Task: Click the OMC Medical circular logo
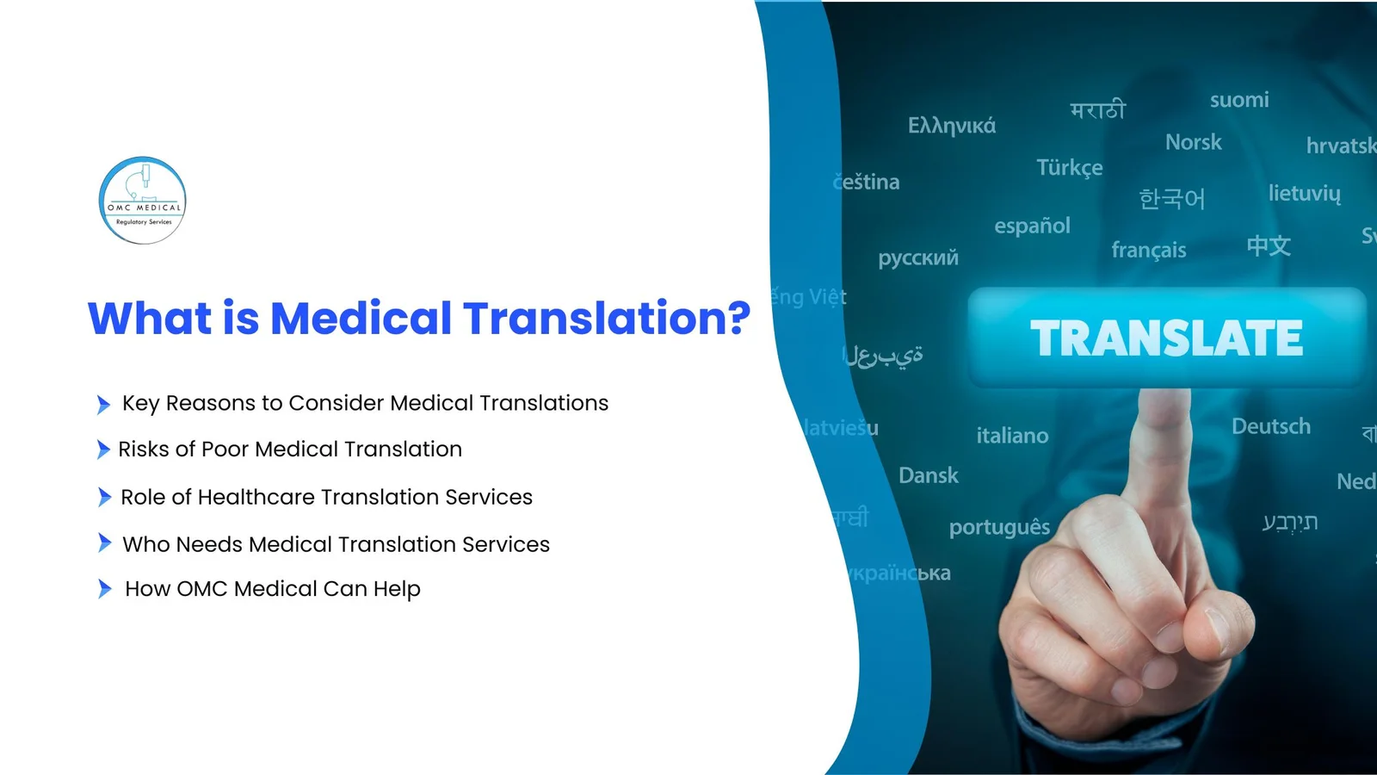tap(143, 201)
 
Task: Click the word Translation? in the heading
tap(607, 319)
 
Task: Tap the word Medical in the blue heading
tap(361, 319)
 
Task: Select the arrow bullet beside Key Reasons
tap(103, 404)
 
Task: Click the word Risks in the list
tap(142, 449)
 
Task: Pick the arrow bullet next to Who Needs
tap(104, 543)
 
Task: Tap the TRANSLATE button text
tap(1166, 338)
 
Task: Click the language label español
tap(1032, 226)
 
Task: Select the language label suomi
tap(1239, 101)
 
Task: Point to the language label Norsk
tap(1193, 142)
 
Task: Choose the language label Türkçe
tap(1069, 168)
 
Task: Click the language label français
tap(1148, 251)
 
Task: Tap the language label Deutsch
tap(1270, 426)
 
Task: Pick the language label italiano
tap(1012, 437)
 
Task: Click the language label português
tap(999, 527)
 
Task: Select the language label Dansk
tap(928, 475)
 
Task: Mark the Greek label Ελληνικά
tap(951, 127)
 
